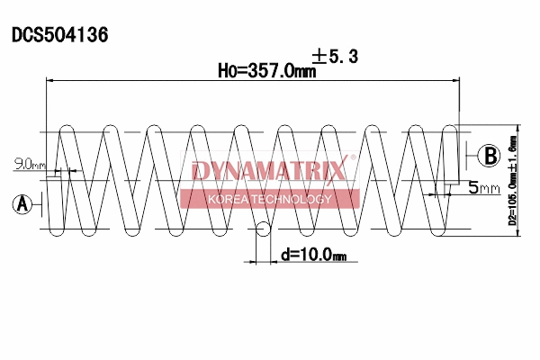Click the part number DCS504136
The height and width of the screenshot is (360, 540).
click(59, 35)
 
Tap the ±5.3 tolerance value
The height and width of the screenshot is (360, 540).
click(335, 57)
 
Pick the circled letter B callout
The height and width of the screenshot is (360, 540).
click(488, 156)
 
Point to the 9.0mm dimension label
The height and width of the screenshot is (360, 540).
click(29, 164)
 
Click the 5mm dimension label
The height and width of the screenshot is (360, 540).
click(483, 188)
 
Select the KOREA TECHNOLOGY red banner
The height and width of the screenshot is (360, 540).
click(270, 199)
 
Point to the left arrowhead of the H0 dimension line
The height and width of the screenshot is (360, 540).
click(50, 81)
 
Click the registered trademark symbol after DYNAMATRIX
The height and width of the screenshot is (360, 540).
click(353, 159)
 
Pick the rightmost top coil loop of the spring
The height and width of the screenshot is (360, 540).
click(418, 130)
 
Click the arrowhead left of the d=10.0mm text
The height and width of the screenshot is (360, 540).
click(253, 262)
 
